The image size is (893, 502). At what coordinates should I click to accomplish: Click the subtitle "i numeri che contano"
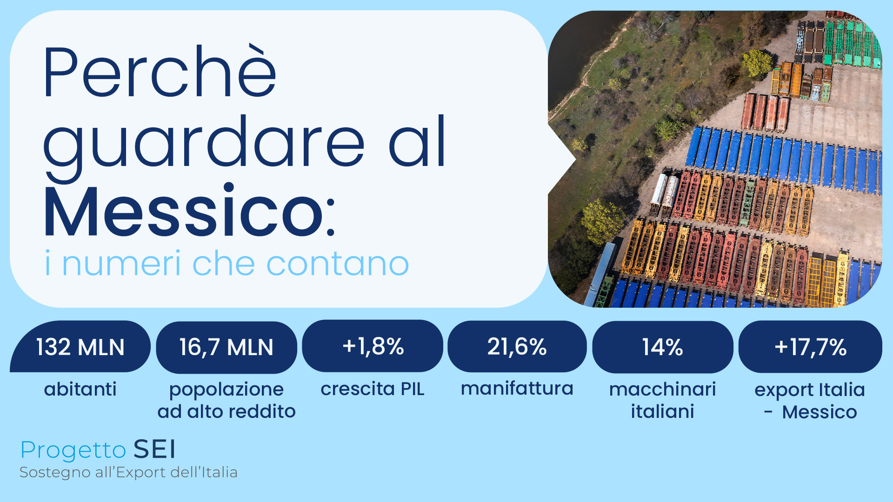(x=227, y=264)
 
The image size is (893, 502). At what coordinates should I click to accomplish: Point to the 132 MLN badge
(x=80, y=347)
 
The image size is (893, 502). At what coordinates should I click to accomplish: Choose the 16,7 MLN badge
(x=227, y=347)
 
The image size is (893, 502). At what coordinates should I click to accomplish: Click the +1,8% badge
(x=373, y=346)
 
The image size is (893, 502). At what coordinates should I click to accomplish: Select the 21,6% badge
(x=517, y=347)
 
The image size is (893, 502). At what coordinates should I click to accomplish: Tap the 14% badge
(x=662, y=347)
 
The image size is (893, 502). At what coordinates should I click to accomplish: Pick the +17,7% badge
(x=810, y=347)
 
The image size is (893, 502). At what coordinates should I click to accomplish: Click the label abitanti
(x=80, y=389)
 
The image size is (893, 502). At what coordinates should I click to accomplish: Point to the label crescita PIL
(x=373, y=389)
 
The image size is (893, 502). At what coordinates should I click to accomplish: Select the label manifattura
(x=517, y=389)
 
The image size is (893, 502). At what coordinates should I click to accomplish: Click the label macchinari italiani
(x=662, y=400)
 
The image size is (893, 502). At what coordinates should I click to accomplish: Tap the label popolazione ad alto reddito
(x=227, y=400)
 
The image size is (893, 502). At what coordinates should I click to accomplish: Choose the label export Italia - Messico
(x=810, y=401)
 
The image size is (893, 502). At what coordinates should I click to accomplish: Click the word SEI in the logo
(x=154, y=449)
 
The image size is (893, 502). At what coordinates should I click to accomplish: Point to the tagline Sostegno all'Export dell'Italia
(x=128, y=472)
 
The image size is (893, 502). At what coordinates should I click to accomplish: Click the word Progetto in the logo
(x=73, y=450)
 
